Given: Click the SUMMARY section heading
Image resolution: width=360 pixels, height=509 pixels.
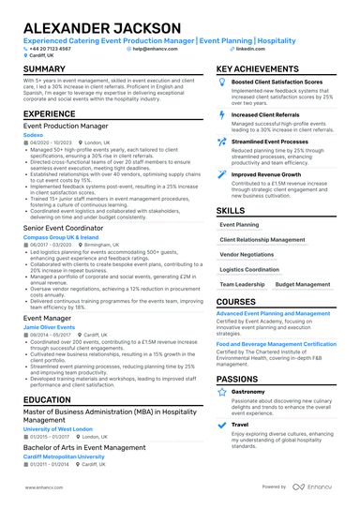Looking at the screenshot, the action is (44, 70).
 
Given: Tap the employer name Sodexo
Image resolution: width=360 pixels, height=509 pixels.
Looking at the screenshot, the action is (34, 134).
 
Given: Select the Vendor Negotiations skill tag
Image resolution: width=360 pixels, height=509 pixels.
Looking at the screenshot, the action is (247, 254).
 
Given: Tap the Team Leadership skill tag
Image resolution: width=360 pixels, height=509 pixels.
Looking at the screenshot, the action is (242, 284).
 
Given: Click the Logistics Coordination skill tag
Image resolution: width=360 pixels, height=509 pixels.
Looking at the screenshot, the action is (249, 269).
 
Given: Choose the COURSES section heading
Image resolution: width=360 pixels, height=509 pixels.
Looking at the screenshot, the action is (235, 302).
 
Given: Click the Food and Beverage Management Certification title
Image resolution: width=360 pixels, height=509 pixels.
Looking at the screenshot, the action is (289, 344).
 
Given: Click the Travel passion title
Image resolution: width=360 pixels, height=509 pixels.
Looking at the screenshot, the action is (240, 424).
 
